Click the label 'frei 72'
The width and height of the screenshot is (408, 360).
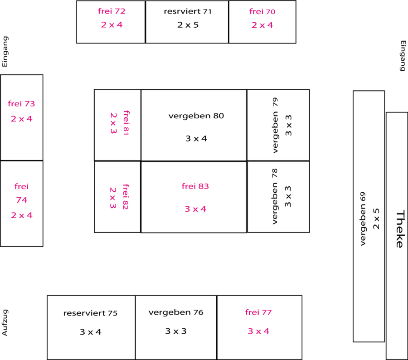(x=111, y=11)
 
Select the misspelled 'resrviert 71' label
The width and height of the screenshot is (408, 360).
(x=187, y=11)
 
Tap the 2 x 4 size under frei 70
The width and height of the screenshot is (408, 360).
(x=262, y=25)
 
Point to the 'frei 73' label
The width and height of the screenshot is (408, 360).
(x=21, y=103)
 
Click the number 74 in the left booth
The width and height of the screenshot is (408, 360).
(x=22, y=200)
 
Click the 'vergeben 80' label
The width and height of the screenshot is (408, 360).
(x=196, y=116)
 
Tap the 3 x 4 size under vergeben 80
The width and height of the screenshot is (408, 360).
(x=196, y=138)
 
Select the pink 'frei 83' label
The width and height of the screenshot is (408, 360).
(x=195, y=186)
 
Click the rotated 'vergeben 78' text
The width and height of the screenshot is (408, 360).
(x=275, y=196)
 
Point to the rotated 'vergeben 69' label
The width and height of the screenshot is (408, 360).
(x=363, y=219)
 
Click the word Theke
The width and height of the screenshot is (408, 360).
(x=399, y=229)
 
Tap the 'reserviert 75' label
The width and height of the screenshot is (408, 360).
(x=90, y=313)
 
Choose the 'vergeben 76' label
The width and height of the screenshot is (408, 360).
(x=176, y=312)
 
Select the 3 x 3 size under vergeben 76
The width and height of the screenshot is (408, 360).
(x=176, y=331)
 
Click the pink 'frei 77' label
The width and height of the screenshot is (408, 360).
(x=258, y=312)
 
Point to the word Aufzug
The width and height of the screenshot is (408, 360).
(x=5, y=322)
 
